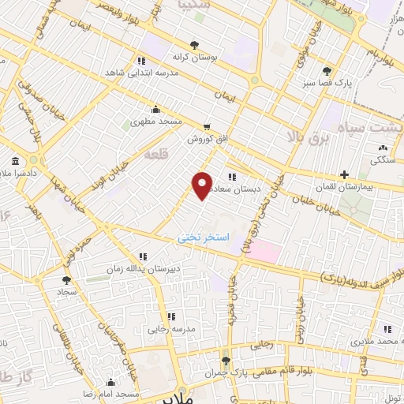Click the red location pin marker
(x=203, y=185)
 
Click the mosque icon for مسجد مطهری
(x=156, y=110)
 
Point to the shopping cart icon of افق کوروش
(x=207, y=126)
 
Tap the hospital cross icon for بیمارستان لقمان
(x=343, y=174)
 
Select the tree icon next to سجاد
(x=65, y=279)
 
